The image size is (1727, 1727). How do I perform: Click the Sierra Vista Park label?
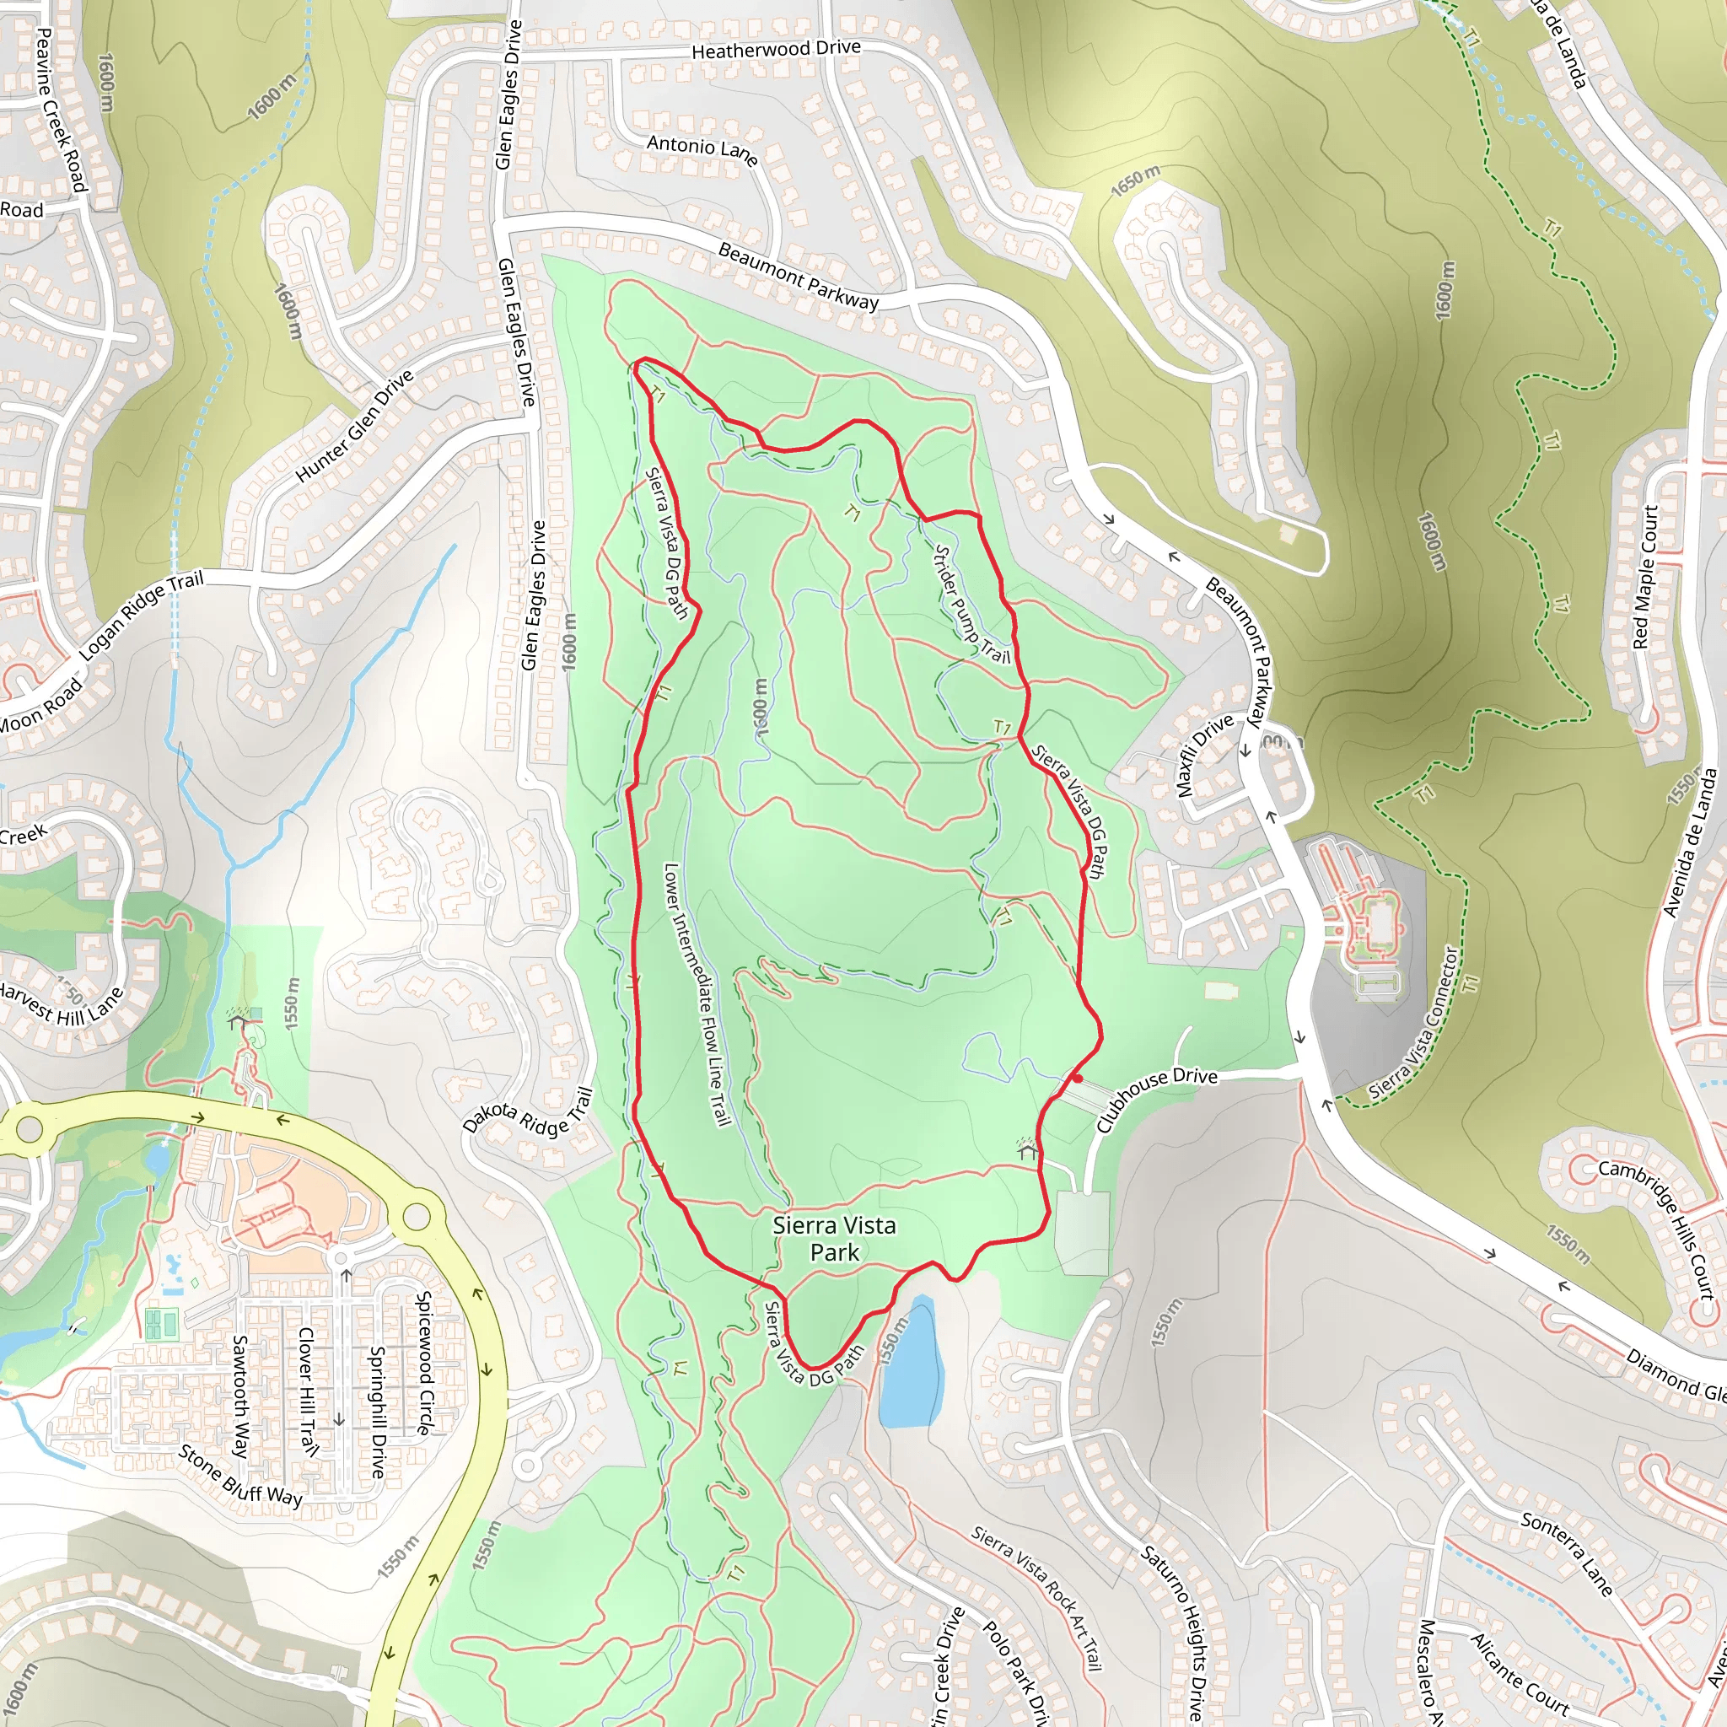tap(834, 1238)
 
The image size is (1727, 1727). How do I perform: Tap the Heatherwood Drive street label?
tap(776, 49)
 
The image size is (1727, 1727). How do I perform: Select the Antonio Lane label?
tap(702, 148)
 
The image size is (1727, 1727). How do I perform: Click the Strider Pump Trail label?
tap(971, 605)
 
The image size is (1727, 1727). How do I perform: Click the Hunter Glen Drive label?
tap(355, 426)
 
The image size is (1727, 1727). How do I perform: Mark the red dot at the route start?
tap(1078, 1079)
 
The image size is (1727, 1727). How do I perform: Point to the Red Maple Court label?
tap(1644, 578)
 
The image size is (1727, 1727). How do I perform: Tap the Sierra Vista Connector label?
tap(1413, 1024)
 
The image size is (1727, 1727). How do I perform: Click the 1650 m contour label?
tap(1135, 181)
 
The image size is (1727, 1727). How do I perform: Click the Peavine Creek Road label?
tap(61, 109)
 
